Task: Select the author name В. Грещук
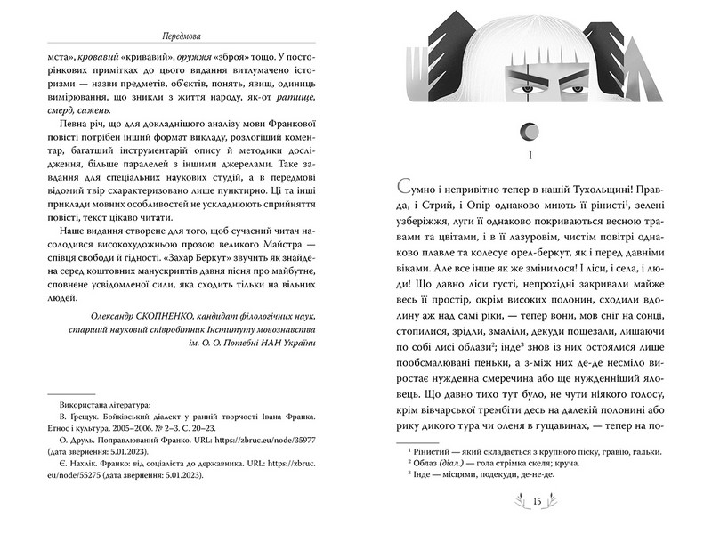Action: click(x=69, y=415)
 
